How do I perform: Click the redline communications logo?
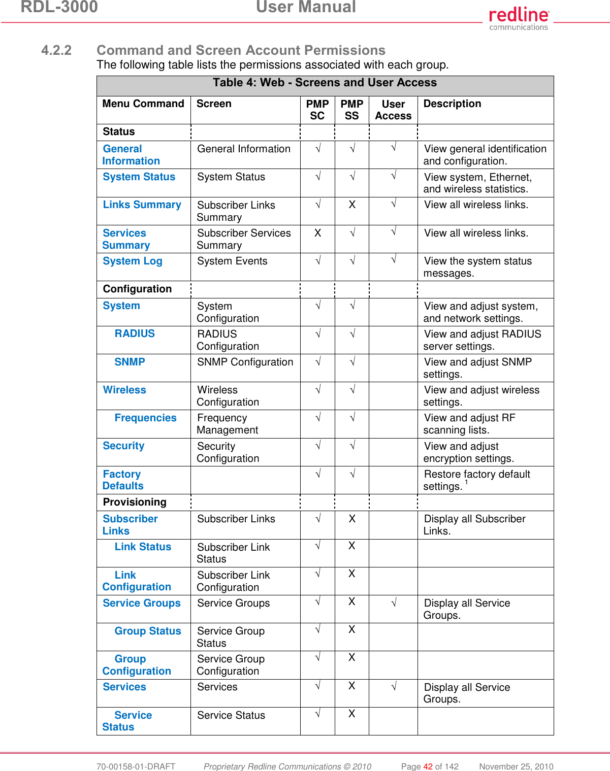[519, 19]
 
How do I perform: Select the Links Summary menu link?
[142, 205]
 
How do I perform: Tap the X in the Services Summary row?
[317, 233]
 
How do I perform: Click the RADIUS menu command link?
[135, 333]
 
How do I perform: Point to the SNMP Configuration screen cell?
[245, 362]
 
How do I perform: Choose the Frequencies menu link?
[145, 418]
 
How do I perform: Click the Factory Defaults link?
[122, 480]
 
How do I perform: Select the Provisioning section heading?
[135, 502]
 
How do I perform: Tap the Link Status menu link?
[143, 547]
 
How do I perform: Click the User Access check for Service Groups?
[393, 602]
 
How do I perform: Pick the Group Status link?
[147, 631]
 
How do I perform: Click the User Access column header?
[393, 110]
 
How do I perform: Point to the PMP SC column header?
[317, 110]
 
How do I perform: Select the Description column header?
[452, 104]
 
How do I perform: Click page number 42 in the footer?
[428, 766]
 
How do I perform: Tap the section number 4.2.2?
[56, 50]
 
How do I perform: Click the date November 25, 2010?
[516, 766]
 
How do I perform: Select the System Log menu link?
[133, 261]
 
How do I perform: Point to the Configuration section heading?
[137, 289]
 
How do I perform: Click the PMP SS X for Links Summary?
[352, 205]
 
